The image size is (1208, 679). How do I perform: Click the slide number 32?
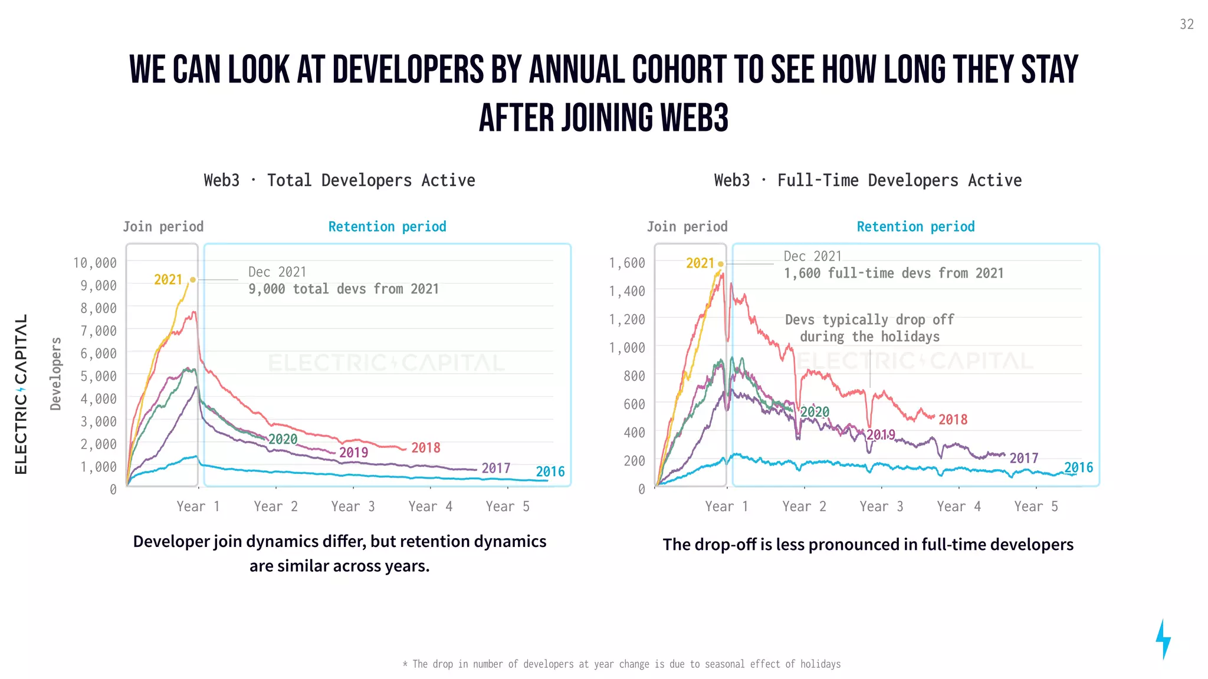tap(1186, 24)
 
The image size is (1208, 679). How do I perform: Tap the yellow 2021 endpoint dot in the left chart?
tap(192, 279)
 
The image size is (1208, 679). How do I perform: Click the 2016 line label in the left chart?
tap(550, 472)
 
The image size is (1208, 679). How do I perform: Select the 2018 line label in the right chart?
tap(953, 420)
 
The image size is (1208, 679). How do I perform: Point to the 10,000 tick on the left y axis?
tap(94, 263)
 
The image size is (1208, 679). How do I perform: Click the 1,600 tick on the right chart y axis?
tap(626, 263)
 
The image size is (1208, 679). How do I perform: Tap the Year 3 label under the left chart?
tap(353, 506)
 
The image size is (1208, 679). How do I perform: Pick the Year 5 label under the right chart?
tap(1036, 506)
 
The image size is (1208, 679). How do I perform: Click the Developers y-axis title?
tap(55, 374)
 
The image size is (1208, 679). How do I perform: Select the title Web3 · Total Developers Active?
tap(339, 180)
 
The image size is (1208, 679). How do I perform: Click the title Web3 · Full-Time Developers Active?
tap(868, 180)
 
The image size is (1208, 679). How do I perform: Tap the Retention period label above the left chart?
tap(387, 227)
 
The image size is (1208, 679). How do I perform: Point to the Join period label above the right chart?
tap(687, 227)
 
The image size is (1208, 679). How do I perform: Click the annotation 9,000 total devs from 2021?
tap(343, 289)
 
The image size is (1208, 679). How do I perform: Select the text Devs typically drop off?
tap(869, 319)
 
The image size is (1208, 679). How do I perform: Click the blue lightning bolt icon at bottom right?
tap(1163, 639)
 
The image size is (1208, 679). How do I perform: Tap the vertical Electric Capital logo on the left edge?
tap(21, 394)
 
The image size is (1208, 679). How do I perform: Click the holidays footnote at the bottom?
tap(622, 664)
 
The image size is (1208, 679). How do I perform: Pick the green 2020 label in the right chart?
tap(815, 412)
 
